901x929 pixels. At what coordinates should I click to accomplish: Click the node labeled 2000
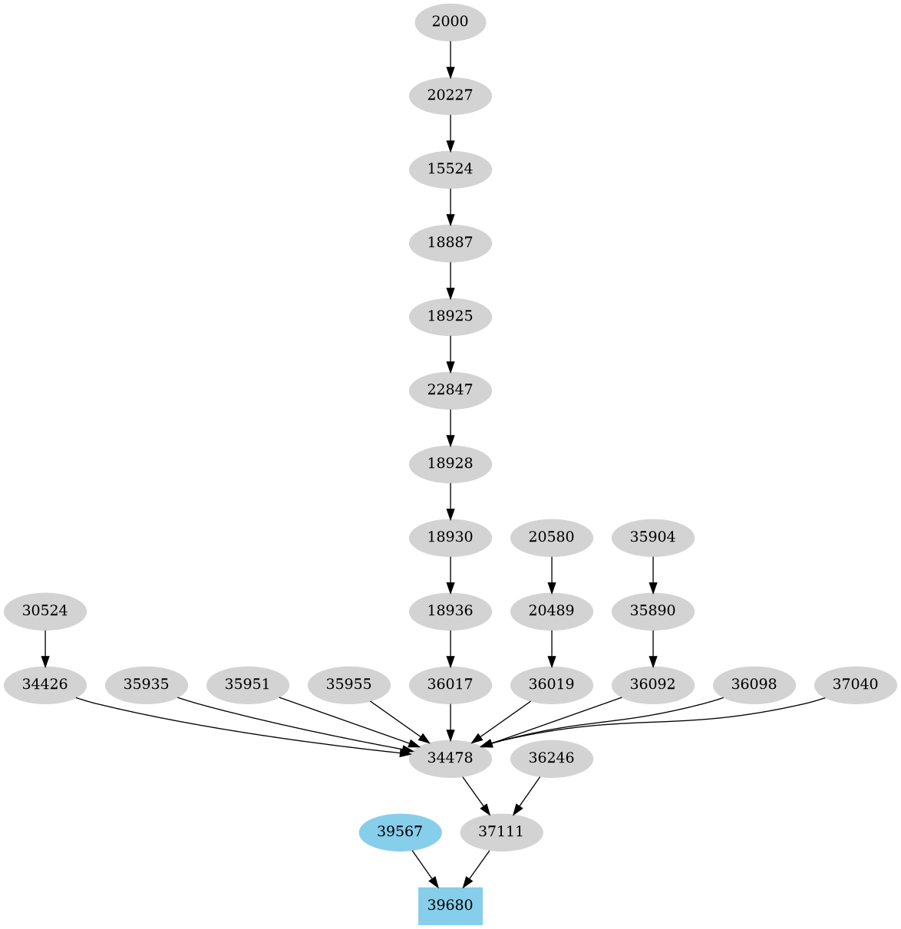click(450, 21)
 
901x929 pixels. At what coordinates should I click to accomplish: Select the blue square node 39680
click(450, 905)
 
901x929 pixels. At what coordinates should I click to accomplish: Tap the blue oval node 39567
click(399, 832)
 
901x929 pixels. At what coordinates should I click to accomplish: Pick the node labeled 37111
click(501, 832)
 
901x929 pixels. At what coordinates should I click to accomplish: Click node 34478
click(450, 759)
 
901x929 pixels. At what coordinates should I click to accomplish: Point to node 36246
click(551, 759)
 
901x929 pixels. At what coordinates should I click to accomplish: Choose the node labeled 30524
click(45, 611)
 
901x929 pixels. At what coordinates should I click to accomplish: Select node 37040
click(855, 684)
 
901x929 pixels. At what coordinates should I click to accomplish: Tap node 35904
click(652, 537)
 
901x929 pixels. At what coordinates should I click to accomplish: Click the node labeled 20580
click(551, 537)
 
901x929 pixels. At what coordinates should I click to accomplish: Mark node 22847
click(450, 390)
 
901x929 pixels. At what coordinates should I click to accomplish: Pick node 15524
click(450, 169)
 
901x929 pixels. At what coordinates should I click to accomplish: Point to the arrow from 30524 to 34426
click(45, 647)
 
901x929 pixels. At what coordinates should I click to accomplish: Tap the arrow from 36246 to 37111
click(527, 795)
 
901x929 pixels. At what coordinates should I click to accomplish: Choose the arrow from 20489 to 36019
click(551, 647)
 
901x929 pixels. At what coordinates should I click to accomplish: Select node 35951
click(247, 684)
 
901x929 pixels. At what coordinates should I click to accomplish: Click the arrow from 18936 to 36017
click(450, 647)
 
